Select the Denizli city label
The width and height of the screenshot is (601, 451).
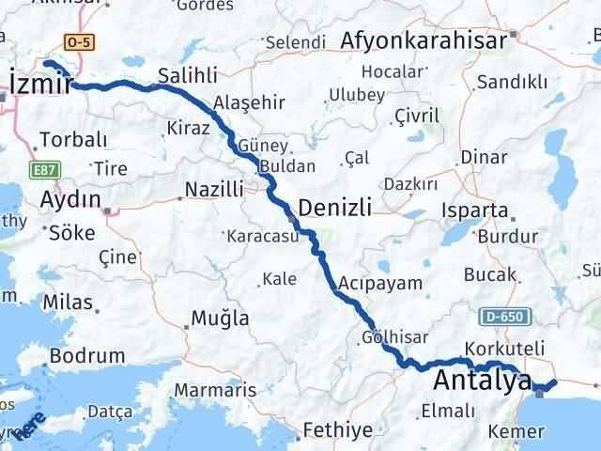pos(334,207)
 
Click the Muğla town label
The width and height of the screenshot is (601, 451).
pos(221,318)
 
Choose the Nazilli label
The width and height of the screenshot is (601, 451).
pos(213,191)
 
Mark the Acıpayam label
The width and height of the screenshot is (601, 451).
pos(393,282)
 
